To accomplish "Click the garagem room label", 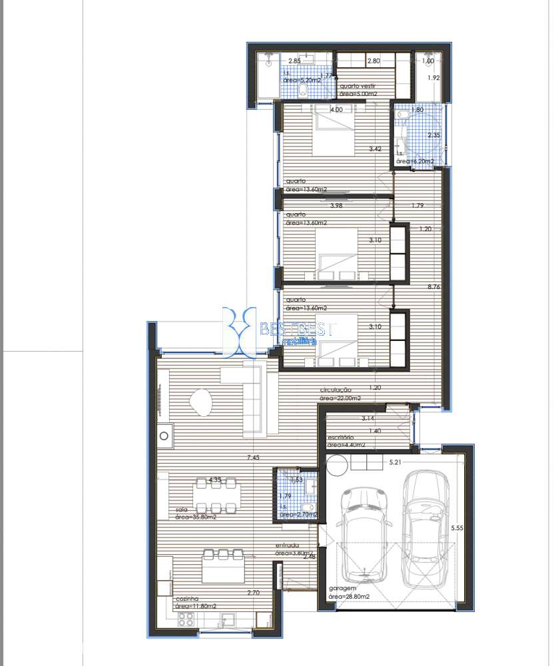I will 344,589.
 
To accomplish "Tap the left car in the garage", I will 364,533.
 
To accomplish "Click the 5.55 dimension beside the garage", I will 457,527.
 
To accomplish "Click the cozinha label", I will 188,599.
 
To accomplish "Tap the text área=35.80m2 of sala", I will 194,516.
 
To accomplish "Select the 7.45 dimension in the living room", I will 252,458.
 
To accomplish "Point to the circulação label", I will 336,390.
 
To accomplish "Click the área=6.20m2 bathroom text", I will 415,161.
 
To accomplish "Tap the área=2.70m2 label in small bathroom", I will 297,515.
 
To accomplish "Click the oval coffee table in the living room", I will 200,402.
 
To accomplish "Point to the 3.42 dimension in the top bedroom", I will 376,149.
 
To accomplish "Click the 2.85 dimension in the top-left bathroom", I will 294,61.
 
